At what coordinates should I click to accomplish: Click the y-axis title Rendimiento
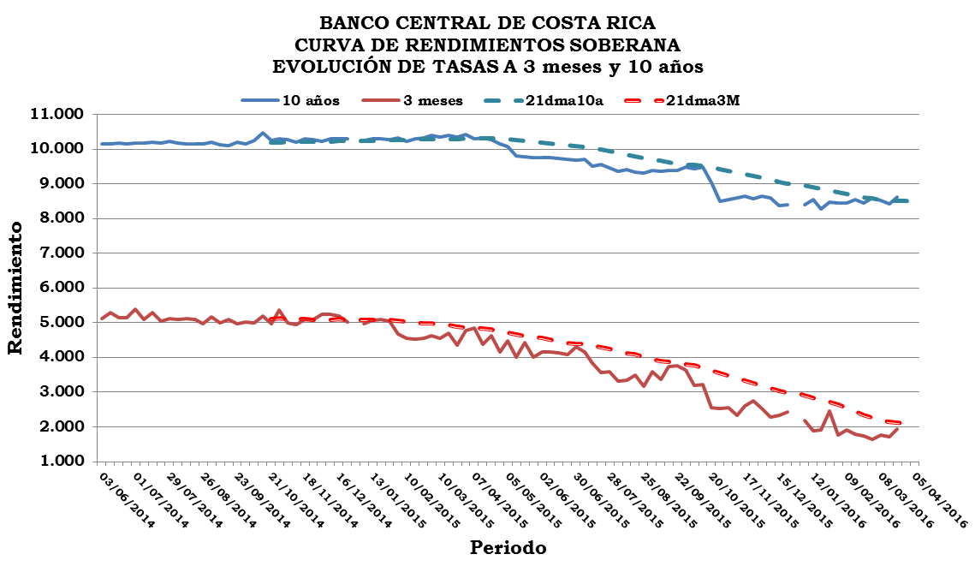pyautogui.click(x=15, y=287)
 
